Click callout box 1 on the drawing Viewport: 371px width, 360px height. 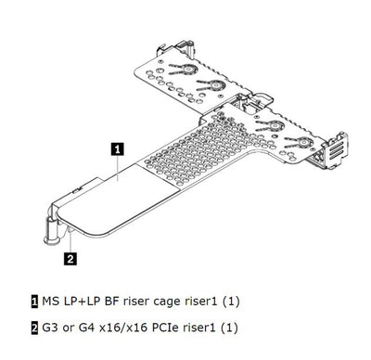pyautogui.click(x=117, y=148)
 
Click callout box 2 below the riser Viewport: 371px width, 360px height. pyautogui.click(x=70, y=259)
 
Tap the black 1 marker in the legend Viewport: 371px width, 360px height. pyautogui.click(x=34, y=302)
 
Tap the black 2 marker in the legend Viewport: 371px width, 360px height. pyautogui.click(x=34, y=328)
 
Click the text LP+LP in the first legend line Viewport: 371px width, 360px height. pyautogui.click(x=82, y=301)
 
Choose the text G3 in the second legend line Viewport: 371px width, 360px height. pyautogui.click(x=49, y=328)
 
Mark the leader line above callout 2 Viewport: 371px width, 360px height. pyautogui.click(x=70, y=242)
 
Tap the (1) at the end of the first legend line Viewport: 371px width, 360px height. pyautogui.click(x=231, y=302)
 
